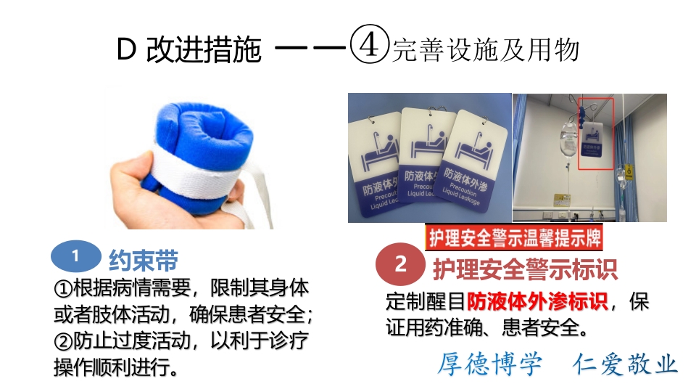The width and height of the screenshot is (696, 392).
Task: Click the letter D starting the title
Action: coord(126,50)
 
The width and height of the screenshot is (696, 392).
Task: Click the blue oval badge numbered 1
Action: coord(75,257)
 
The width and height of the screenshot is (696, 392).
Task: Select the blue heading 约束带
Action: coord(143,260)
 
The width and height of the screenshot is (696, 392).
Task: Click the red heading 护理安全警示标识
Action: coord(525,269)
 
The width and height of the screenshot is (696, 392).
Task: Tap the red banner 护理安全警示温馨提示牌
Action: coord(513,238)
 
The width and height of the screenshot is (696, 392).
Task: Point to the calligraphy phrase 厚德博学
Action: coord(489,364)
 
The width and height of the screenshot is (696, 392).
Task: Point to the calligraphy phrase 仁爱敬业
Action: coord(624,364)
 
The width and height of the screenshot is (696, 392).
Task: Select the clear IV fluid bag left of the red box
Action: coord(568,143)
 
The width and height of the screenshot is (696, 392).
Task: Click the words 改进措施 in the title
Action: coord(203,50)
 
